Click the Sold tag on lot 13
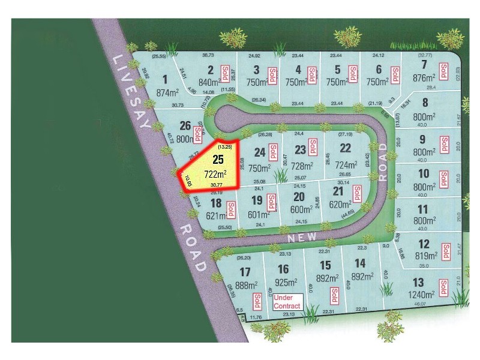tap(443, 287)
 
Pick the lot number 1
tap(164, 79)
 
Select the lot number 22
tap(345, 148)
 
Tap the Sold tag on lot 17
tap(257, 299)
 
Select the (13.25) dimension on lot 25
tap(224, 146)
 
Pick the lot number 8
tap(424, 102)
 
